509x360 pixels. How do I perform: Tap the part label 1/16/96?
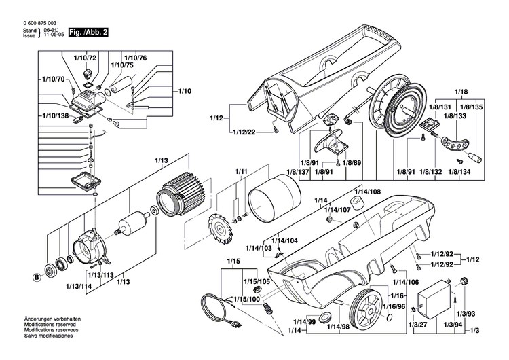396,307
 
